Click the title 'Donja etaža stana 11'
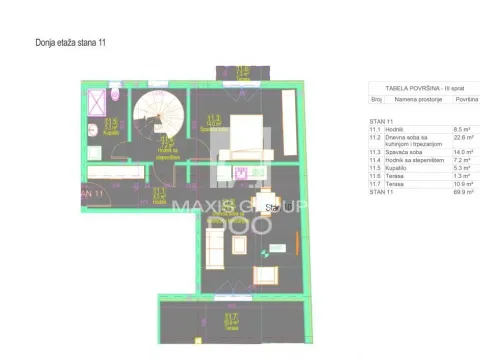coord(70,43)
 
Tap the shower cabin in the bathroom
coord(98,104)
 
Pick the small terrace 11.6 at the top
coord(243,73)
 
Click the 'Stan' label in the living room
coord(271,208)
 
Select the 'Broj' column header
coord(377,100)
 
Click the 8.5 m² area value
coord(462,129)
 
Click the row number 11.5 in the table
coord(376,168)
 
